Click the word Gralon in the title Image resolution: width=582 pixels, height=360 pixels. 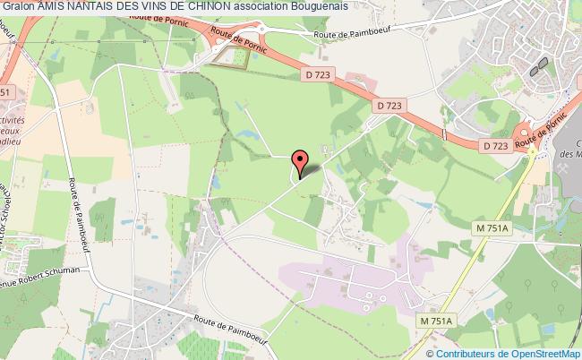pyautogui.click(x=18, y=6)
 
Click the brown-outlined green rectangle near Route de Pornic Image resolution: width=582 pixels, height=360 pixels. pyautogui.click(x=232, y=57)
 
